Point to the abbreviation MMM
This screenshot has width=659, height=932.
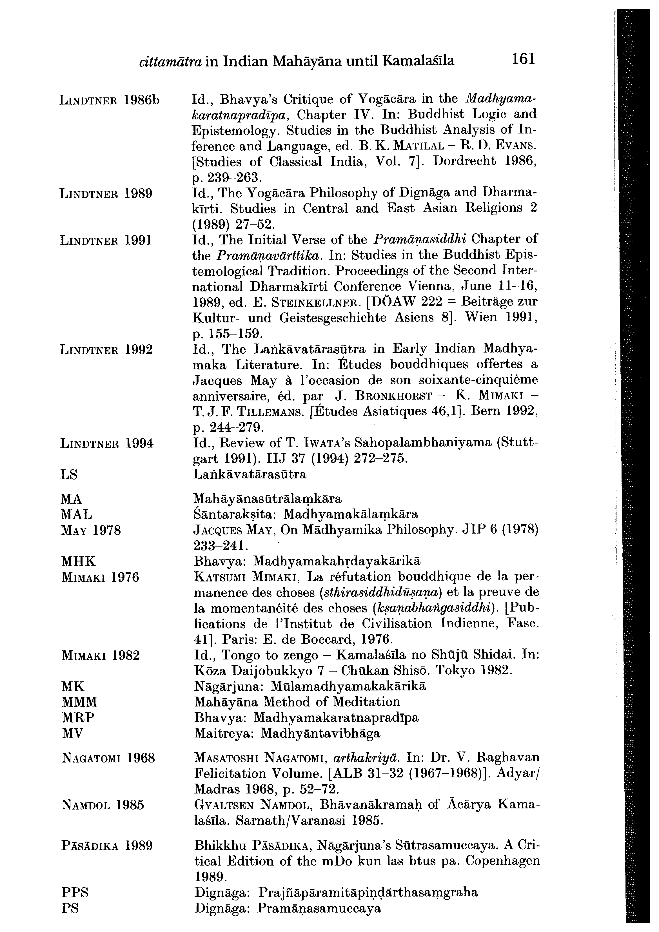tap(80, 702)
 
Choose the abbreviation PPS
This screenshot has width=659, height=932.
tap(75, 892)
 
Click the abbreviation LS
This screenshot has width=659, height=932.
tap(69, 474)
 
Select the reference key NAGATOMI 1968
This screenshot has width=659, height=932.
tap(108, 757)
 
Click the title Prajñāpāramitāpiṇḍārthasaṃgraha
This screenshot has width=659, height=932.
tap(368, 892)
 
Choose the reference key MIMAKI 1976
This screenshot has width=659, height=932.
tap(100, 577)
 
